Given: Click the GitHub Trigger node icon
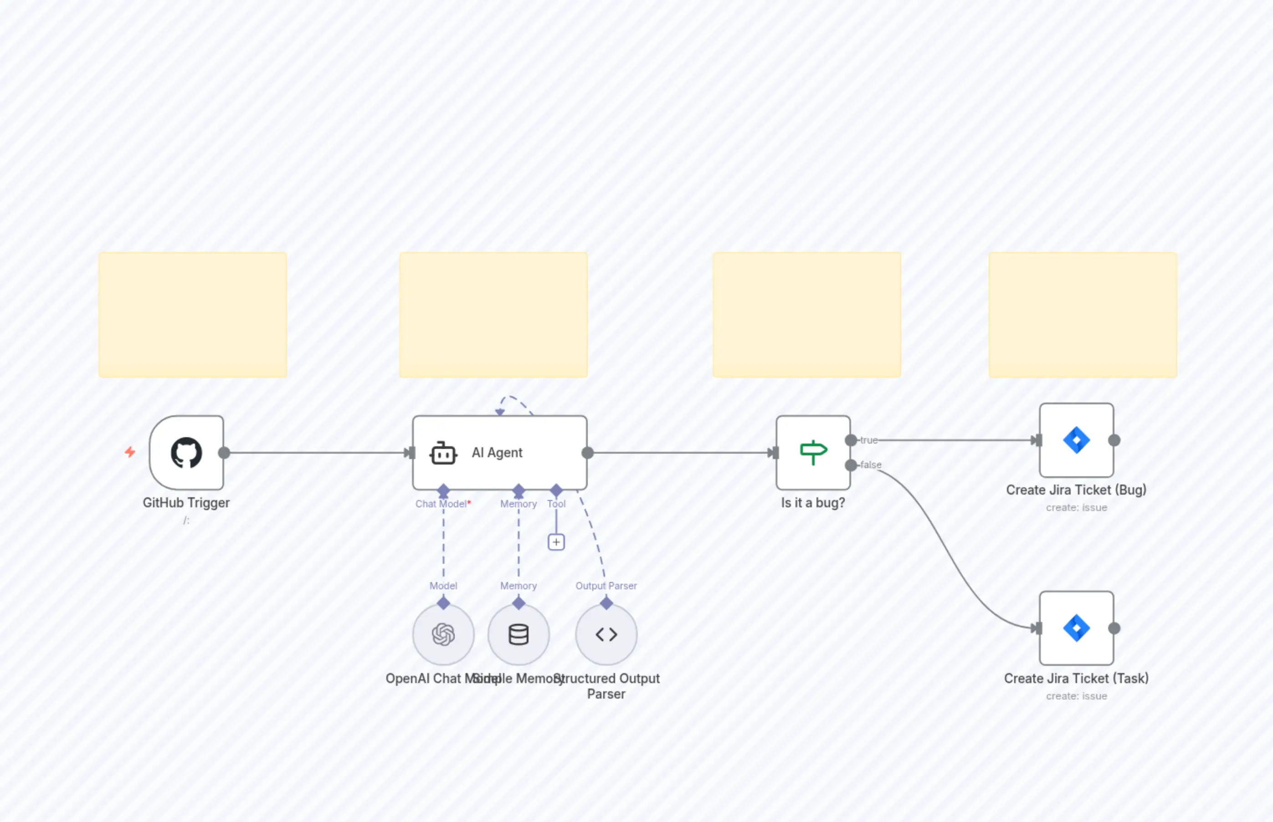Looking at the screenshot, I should [x=186, y=453].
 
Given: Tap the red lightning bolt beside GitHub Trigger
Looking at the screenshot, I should [x=130, y=452].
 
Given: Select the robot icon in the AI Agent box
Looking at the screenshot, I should [x=443, y=453].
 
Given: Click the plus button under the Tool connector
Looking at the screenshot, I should [x=556, y=542].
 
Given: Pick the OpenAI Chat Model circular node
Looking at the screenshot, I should [x=443, y=634].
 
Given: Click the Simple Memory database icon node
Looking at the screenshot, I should [x=518, y=634].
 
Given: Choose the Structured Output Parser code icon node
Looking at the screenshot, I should [x=606, y=634].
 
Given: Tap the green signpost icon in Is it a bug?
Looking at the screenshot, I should [x=813, y=452].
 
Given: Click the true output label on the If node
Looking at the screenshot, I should [x=869, y=440].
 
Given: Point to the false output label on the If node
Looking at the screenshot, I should [x=870, y=465].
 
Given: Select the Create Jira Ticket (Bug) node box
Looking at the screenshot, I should [x=1076, y=440].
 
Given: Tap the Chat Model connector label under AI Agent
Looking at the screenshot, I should [x=441, y=504].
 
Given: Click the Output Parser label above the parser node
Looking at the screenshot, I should [x=606, y=586].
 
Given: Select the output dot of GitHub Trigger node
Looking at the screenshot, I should [x=224, y=453].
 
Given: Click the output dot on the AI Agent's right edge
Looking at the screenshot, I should [x=587, y=453].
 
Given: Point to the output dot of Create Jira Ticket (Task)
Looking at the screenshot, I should [x=1114, y=628].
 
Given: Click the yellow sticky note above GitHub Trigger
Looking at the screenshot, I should [x=192, y=315].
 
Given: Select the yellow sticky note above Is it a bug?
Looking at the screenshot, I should [x=806, y=315].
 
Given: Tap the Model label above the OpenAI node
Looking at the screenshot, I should [x=443, y=586].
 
